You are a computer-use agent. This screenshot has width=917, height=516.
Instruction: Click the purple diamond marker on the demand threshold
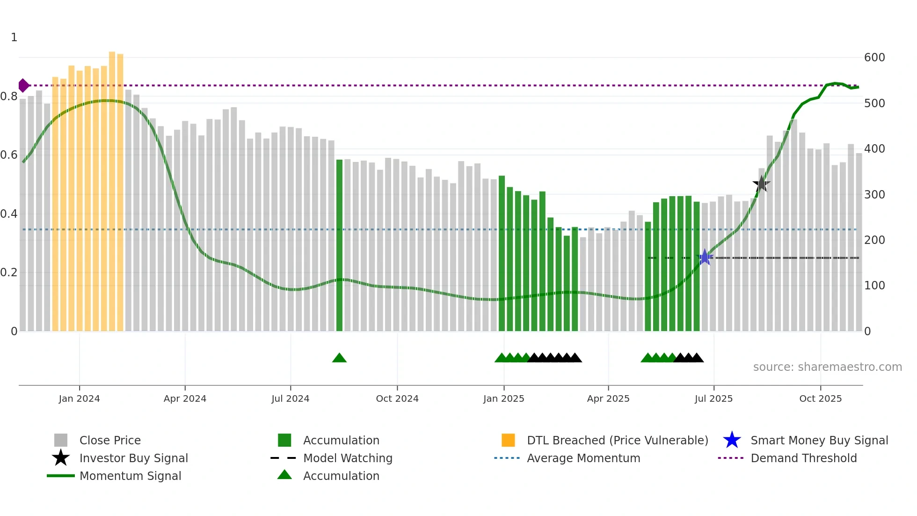23,86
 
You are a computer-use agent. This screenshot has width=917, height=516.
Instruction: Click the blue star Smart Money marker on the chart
705,258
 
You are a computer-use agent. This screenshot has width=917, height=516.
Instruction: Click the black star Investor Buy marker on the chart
761,184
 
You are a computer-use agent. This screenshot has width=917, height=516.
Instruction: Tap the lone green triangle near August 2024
339,358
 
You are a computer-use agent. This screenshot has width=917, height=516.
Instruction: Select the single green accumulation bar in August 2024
339,245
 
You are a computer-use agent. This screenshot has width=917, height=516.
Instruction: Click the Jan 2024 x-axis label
79,398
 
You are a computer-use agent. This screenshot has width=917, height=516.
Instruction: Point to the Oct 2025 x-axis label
820,398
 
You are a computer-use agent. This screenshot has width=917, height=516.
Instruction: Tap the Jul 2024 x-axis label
290,398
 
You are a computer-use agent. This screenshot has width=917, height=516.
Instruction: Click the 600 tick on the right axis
874,58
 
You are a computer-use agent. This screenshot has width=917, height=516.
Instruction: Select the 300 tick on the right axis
874,194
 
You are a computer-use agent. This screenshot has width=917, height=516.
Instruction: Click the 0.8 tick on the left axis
9,96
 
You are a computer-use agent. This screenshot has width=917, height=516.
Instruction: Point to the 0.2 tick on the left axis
9,273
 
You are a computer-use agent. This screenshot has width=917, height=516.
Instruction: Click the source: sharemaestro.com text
827,367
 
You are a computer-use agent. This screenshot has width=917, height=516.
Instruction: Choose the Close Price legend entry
110,440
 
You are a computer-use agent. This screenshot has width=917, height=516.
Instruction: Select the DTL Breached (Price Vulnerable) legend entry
617,440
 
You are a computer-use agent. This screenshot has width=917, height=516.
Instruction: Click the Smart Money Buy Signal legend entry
819,440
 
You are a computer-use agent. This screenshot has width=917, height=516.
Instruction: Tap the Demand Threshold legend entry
803,458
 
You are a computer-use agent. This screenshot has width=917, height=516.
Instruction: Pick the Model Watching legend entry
348,458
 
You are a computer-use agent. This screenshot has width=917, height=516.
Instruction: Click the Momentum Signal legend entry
130,476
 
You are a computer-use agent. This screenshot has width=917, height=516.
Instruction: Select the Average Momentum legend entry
583,458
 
